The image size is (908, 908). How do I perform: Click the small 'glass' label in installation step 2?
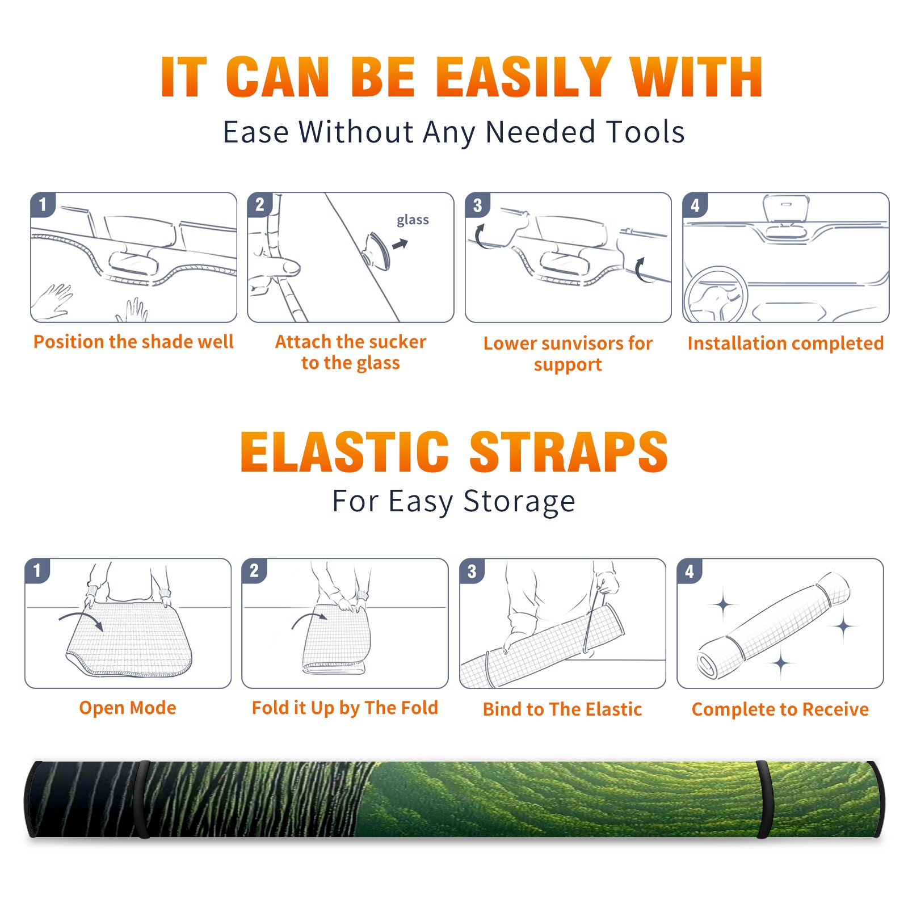(x=413, y=220)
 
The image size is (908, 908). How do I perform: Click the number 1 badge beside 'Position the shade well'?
(x=43, y=204)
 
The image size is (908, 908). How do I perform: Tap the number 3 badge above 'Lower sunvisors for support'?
(x=477, y=205)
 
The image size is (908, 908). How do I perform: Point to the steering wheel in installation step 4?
(x=716, y=295)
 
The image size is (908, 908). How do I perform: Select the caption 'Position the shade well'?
(x=133, y=342)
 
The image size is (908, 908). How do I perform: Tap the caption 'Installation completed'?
(x=785, y=343)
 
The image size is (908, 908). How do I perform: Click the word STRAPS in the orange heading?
(x=569, y=452)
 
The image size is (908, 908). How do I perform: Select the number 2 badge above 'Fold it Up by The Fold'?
(x=254, y=570)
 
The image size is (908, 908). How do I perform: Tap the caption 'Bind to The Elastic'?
(x=562, y=709)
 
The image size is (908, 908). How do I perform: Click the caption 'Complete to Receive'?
(x=780, y=709)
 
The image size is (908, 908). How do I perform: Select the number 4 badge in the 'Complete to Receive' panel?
(x=690, y=570)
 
